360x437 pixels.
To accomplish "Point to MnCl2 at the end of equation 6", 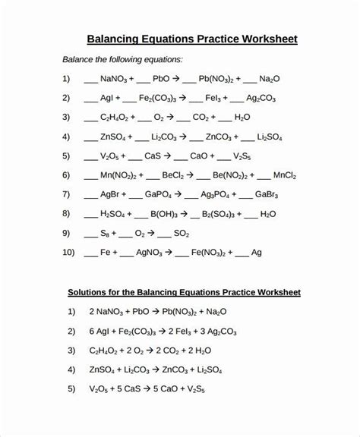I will click(291, 175).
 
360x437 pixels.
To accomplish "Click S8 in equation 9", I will click(106, 234).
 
